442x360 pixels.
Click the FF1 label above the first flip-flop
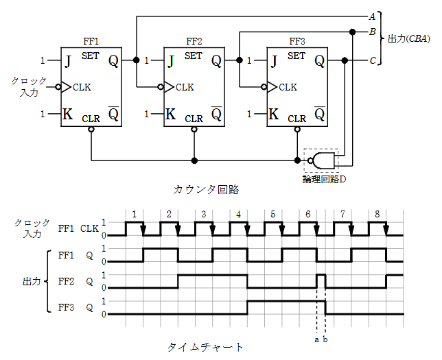(x=91, y=41)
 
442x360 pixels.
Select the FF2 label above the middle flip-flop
(x=194, y=41)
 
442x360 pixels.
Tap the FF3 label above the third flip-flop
(x=297, y=41)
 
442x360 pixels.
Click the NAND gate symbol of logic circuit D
(x=323, y=160)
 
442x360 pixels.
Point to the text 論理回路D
(x=324, y=178)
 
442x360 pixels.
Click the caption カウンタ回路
(x=207, y=188)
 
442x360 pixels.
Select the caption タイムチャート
(x=206, y=346)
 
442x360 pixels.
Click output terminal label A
(x=372, y=16)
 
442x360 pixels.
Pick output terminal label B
(x=372, y=32)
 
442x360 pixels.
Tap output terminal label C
(x=372, y=61)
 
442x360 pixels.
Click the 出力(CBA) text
(x=408, y=38)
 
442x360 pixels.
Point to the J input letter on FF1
(x=68, y=61)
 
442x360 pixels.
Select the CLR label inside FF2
(x=194, y=118)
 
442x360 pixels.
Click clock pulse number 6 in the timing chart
(x=307, y=214)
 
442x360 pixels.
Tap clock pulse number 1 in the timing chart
(x=135, y=214)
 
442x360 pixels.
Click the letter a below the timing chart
(x=316, y=339)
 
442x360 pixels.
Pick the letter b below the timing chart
(x=325, y=339)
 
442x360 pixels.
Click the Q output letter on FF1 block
(x=113, y=61)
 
